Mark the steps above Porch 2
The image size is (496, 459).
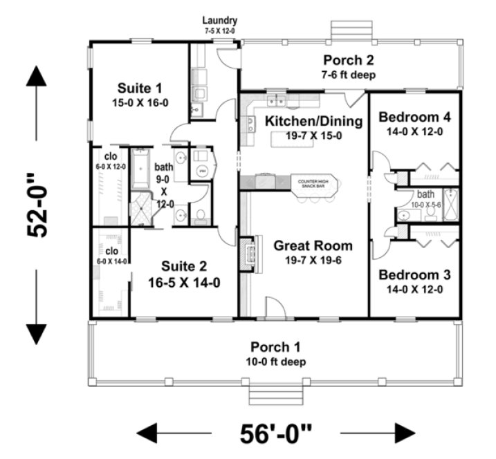pyautogui.click(x=346, y=30)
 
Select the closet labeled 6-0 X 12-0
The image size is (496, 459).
pyautogui.click(x=111, y=158)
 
